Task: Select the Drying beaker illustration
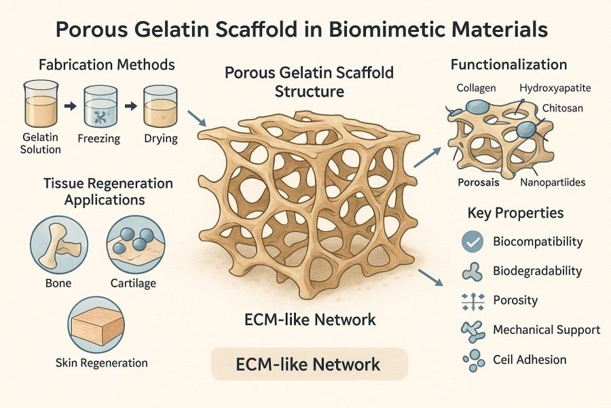click(161, 105)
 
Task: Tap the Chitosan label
click(563, 108)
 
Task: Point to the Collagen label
click(476, 88)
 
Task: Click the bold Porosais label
click(479, 182)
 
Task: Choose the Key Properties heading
click(516, 213)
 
